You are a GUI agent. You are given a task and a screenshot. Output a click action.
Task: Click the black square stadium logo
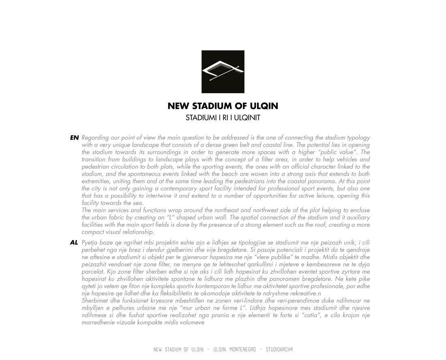pos(223,72)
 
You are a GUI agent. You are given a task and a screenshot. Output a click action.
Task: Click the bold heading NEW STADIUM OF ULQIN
pos(223,106)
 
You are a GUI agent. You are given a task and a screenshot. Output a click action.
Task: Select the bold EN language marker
pos(74,138)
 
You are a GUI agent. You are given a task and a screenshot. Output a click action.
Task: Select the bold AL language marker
pos(74,242)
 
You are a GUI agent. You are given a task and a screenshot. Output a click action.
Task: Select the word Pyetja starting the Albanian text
pos(90,242)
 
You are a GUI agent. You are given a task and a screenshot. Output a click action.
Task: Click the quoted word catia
pos(306,315)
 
